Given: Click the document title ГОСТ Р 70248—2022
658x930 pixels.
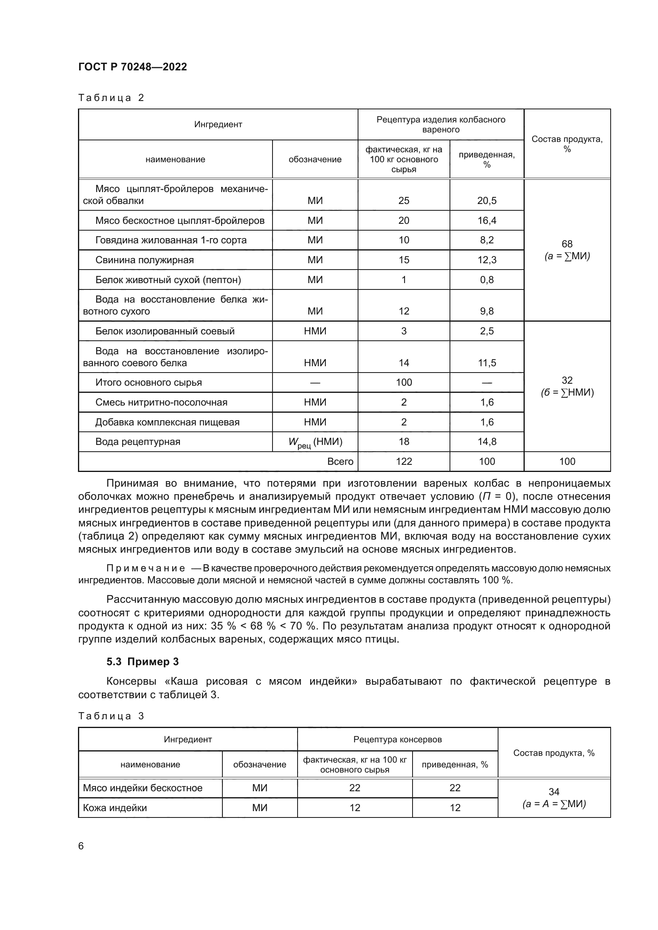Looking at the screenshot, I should click(x=132, y=67).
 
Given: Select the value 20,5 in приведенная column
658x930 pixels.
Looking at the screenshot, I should click(x=487, y=200).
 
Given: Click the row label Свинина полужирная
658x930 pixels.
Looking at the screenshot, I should click(x=145, y=260).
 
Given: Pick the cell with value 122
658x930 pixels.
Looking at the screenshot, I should click(x=403, y=461).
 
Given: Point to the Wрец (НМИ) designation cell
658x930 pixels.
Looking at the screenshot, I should click(x=315, y=442).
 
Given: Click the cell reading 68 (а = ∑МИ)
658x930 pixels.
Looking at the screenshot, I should click(x=567, y=250).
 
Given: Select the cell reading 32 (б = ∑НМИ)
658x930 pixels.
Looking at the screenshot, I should click(x=567, y=386).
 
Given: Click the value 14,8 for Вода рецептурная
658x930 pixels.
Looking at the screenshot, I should click(x=487, y=441).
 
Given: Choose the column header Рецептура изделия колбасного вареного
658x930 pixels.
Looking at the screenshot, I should click(x=440, y=124).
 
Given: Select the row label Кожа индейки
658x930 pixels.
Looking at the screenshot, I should click(x=115, y=808).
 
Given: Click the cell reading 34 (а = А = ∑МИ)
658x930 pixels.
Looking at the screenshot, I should click(x=553, y=798).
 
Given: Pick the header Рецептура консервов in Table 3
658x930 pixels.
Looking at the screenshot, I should click(x=397, y=740).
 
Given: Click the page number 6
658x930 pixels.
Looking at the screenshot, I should click(x=81, y=846).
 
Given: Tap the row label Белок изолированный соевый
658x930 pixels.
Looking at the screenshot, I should click(x=165, y=331).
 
